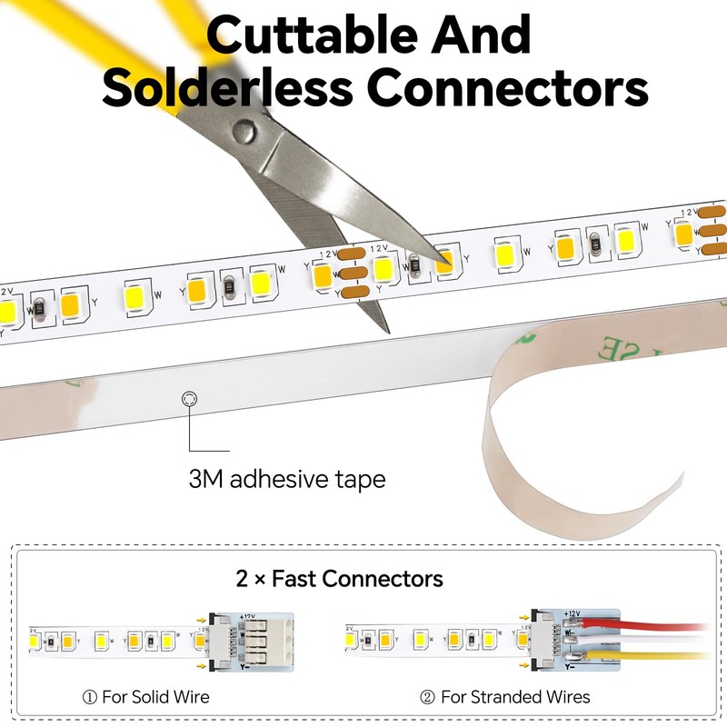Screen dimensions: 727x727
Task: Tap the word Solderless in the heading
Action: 227,88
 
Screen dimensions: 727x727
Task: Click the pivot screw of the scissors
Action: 243,133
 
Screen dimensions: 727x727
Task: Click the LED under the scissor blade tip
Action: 444,261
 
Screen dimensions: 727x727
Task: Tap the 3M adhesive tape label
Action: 287,478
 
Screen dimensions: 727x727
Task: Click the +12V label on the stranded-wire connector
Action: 571,613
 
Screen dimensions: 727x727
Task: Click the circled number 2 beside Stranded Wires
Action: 428,697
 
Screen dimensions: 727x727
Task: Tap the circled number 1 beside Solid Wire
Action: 89,697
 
